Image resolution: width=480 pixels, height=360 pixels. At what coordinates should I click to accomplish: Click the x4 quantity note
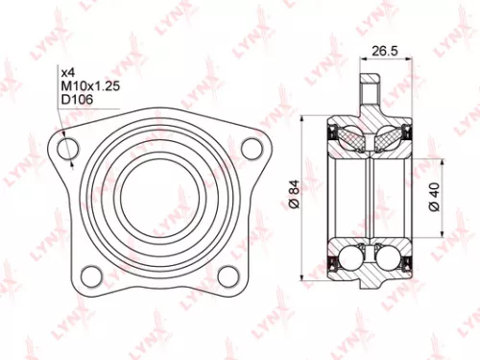pyautogui.click(x=68, y=72)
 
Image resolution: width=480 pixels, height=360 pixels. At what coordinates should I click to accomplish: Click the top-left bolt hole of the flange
pyautogui.click(x=67, y=149)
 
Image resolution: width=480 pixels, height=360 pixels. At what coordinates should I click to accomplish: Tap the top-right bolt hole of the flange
pyautogui.click(x=252, y=149)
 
